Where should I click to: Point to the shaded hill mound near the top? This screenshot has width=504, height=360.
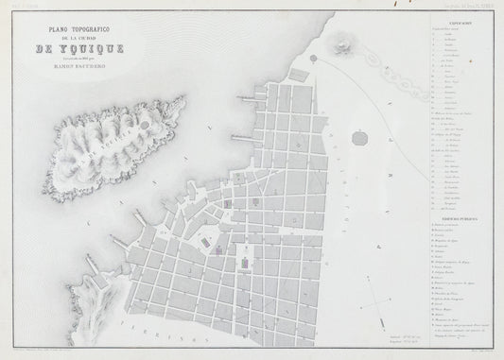(339, 43)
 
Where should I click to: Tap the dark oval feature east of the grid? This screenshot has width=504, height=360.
(359, 140)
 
